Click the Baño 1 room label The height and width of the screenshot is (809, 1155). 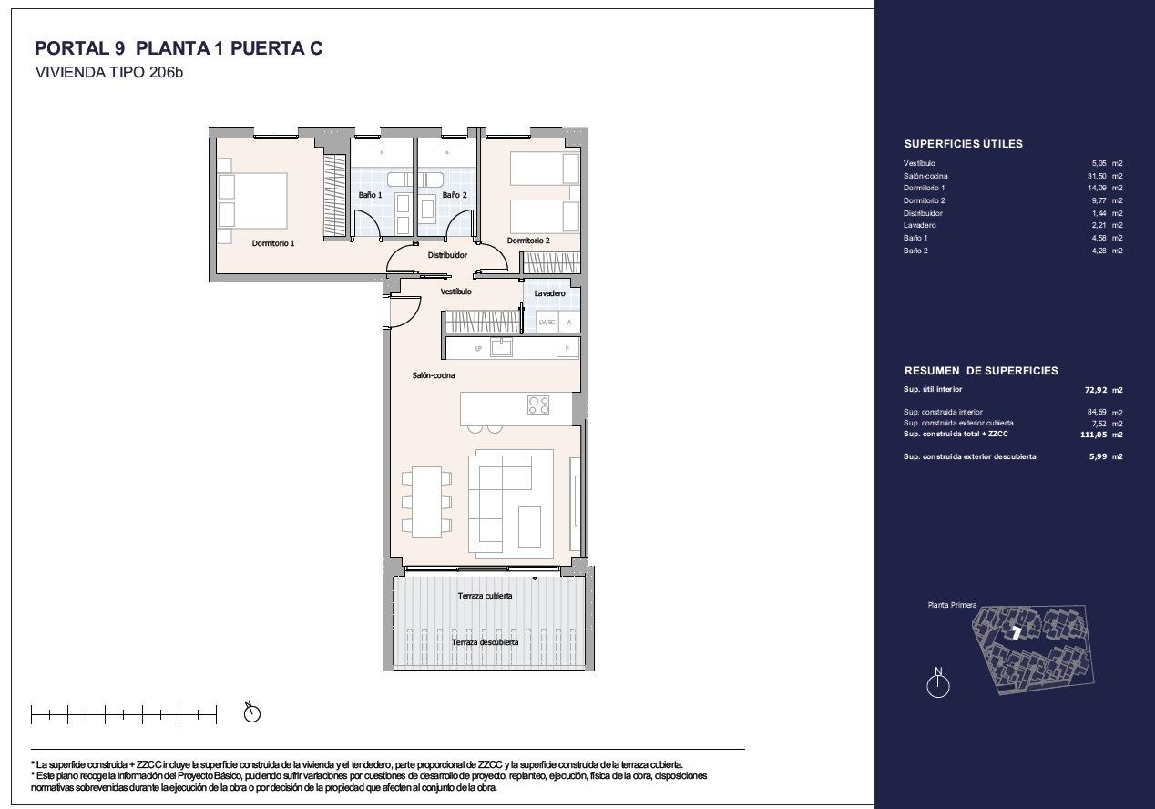click(370, 195)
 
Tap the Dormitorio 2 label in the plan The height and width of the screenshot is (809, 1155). click(528, 241)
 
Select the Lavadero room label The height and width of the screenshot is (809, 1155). click(549, 293)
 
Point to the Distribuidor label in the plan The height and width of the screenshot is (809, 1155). click(447, 255)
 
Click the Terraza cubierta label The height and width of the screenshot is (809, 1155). click(485, 596)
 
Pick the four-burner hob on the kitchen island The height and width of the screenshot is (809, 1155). click(538, 404)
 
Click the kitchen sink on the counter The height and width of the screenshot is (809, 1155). click(501, 347)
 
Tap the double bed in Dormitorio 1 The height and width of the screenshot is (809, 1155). click(252, 200)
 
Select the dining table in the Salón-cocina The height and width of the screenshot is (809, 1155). click(426, 502)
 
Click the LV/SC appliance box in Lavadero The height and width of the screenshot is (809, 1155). click(547, 323)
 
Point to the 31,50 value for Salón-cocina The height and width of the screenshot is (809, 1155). click(1097, 176)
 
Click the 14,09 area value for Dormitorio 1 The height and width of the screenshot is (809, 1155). click(1097, 189)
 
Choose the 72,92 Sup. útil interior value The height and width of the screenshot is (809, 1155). click(1096, 390)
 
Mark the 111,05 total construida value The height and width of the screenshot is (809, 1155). click(1094, 435)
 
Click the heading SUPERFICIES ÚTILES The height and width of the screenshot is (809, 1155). click(963, 144)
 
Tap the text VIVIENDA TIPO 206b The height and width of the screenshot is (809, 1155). click(108, 72)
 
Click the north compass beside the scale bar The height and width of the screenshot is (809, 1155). click(251, 712)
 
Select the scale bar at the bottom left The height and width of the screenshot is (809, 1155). click(124, 714)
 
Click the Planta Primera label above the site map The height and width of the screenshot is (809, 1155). click(952, 605)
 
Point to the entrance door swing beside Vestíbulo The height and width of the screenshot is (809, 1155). click(406, 312)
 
